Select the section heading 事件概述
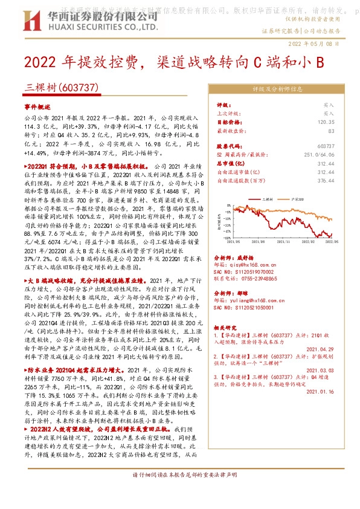tap(37, 105)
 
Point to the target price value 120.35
tap(326, 122)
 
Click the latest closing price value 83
tap(330, 130)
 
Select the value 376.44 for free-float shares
tap(326, 180)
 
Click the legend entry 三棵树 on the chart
tap(269, 198)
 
